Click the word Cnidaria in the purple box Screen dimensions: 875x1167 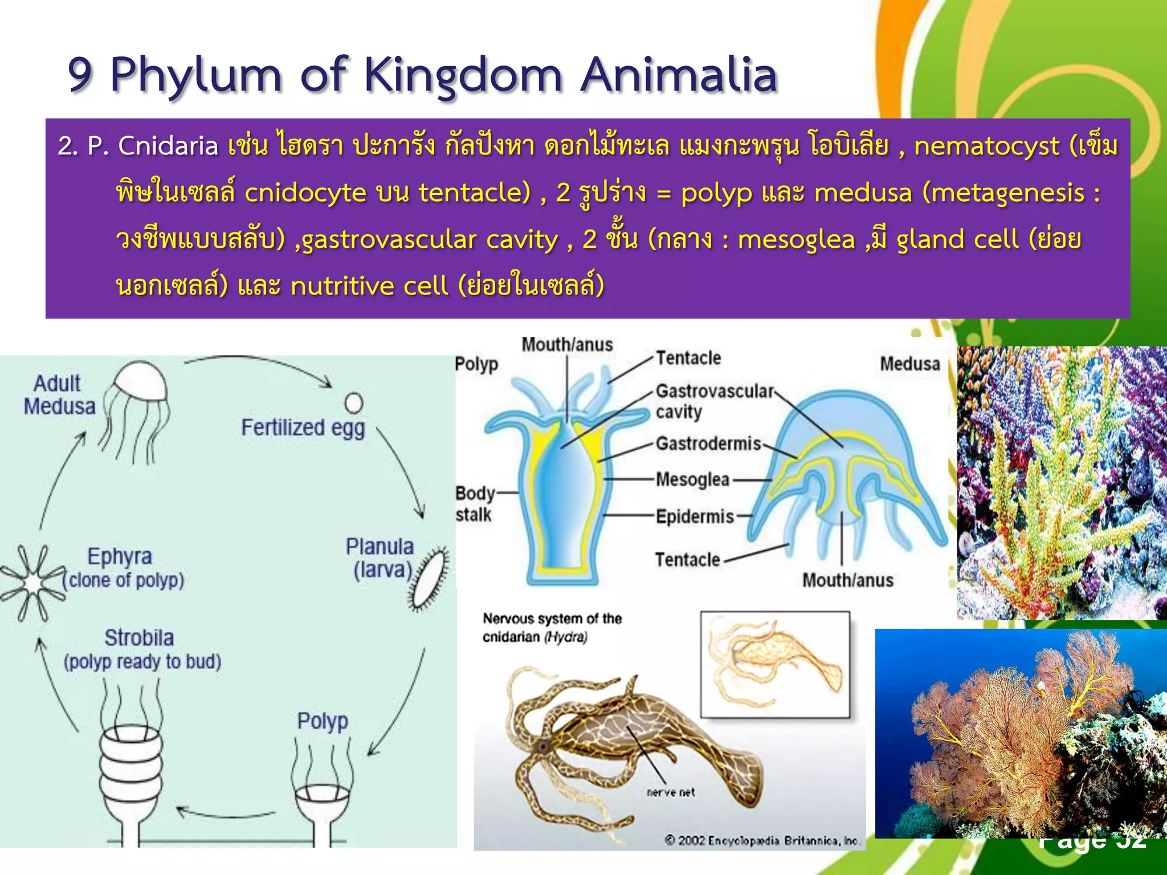tap(168, 146)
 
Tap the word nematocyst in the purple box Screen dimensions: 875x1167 tap(986, 146)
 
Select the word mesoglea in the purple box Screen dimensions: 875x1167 tap(796, 240)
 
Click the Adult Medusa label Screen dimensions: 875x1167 tap(59, 395)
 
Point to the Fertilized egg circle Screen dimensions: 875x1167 tap(353, 403)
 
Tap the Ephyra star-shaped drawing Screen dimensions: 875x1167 tap(33, 582)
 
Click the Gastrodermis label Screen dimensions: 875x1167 tap(708, 444)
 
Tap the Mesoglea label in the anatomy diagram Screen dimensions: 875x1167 tap(692, 480)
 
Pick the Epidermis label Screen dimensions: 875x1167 tap(695, 517)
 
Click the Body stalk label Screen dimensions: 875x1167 tap(474, 504)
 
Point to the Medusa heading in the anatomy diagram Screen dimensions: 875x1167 tap(909, 364)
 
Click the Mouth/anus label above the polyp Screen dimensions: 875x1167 tap(567, 345)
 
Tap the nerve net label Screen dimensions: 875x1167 tap(671, 792)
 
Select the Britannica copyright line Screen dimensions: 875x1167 tap(762, 841)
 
